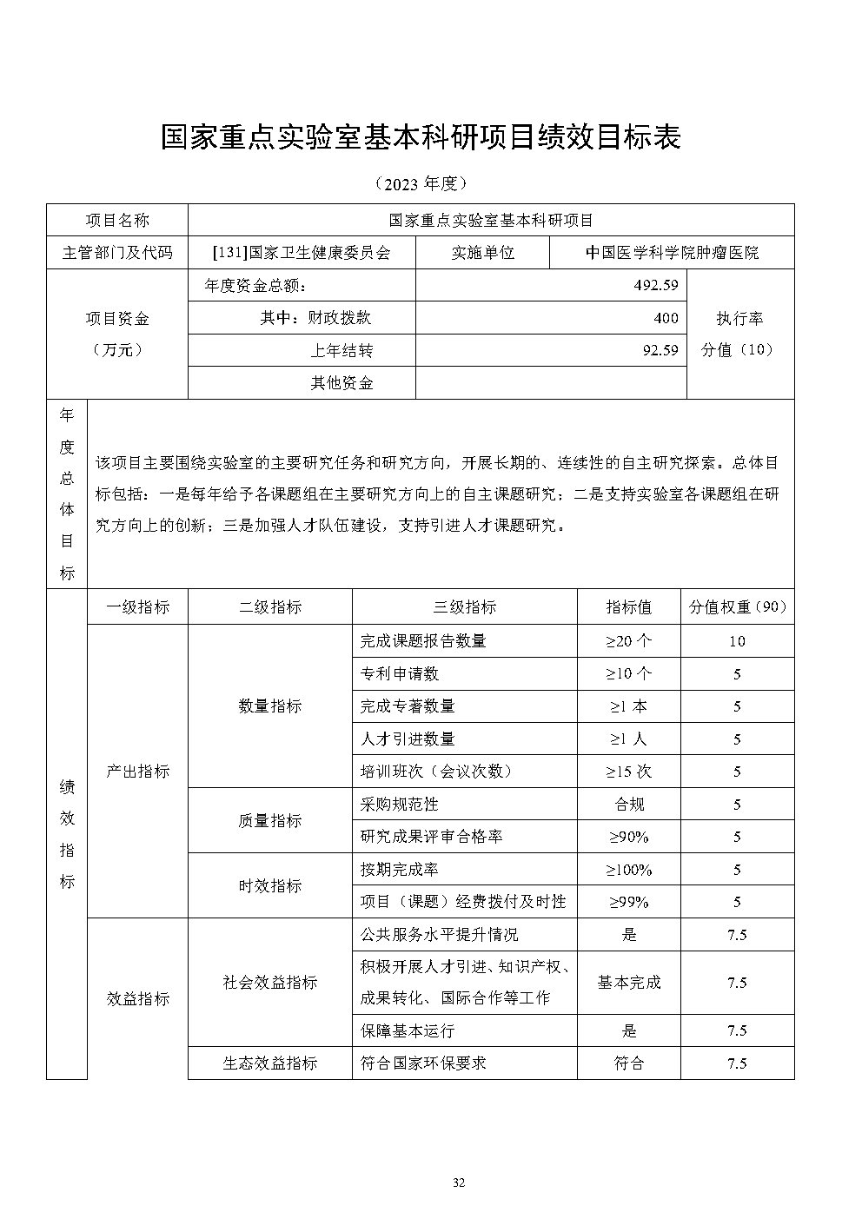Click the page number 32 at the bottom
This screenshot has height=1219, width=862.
click(460, 1182)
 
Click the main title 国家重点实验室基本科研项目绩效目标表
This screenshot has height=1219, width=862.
click(421, 137)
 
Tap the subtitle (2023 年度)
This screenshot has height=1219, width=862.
click(421, 183)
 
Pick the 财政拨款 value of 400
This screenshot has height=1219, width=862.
click(666, 318)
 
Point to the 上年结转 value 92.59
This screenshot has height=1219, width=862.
click(660, 350)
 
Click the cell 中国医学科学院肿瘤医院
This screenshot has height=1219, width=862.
click(672, 253)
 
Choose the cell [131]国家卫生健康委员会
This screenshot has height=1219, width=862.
click(302, 253)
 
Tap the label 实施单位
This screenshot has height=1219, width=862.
click(482, 253)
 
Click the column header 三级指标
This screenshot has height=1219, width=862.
click(464, 607)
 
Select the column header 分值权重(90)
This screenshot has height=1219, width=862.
click(737, 607)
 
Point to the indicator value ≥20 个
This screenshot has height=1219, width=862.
click(628, 641)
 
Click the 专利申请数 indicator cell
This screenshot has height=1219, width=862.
click(400, 673)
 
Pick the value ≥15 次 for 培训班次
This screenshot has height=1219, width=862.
click(628, 772)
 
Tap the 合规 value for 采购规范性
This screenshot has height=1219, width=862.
click(628, 805)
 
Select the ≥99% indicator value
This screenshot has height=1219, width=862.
click(628, 902)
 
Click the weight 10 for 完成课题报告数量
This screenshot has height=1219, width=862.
click(737, 641)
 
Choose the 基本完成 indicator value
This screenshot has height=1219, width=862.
click(628, 983)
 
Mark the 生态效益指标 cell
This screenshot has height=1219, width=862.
click(269, 1063)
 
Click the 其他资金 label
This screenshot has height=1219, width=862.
click(341, 383)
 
